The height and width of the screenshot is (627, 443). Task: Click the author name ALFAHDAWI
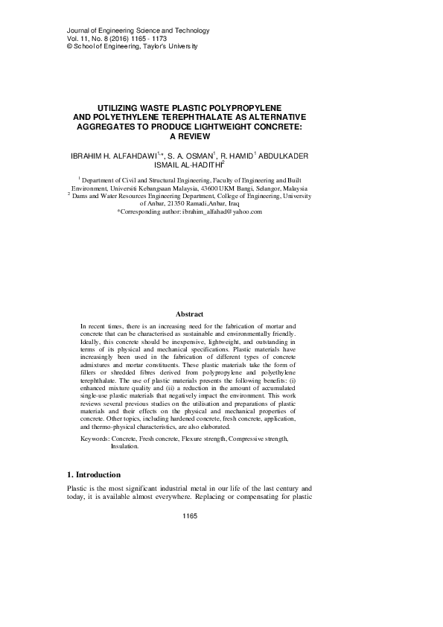tap(152, 156)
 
